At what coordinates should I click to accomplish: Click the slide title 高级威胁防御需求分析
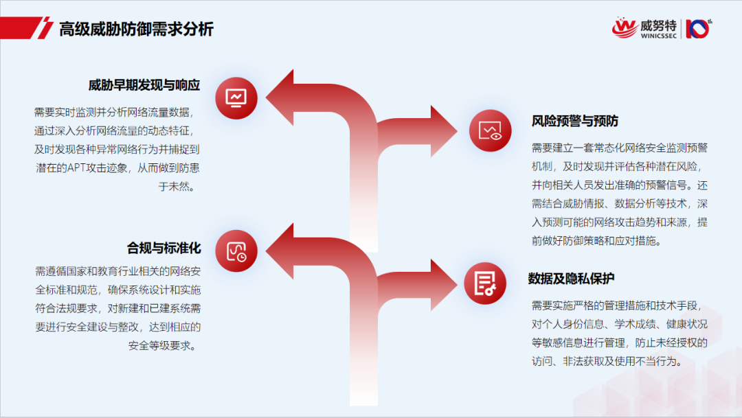click(x=136, y=29)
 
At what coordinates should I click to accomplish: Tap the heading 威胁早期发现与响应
click(x=144, y=86)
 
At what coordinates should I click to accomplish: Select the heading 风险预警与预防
click(x=575, y=121)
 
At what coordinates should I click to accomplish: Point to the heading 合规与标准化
click(x=164, y=247)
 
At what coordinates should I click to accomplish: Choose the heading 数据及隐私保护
click(x=571, y=279)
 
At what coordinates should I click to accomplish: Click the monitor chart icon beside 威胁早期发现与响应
click(x=236, y=98)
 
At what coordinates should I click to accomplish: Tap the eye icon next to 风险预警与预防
click(x=491, y=130)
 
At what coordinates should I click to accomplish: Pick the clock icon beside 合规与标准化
click(x=236, y=251)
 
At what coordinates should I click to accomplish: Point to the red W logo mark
click(x=625, y=27)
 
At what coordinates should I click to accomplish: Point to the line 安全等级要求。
click(x=164, y=345)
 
